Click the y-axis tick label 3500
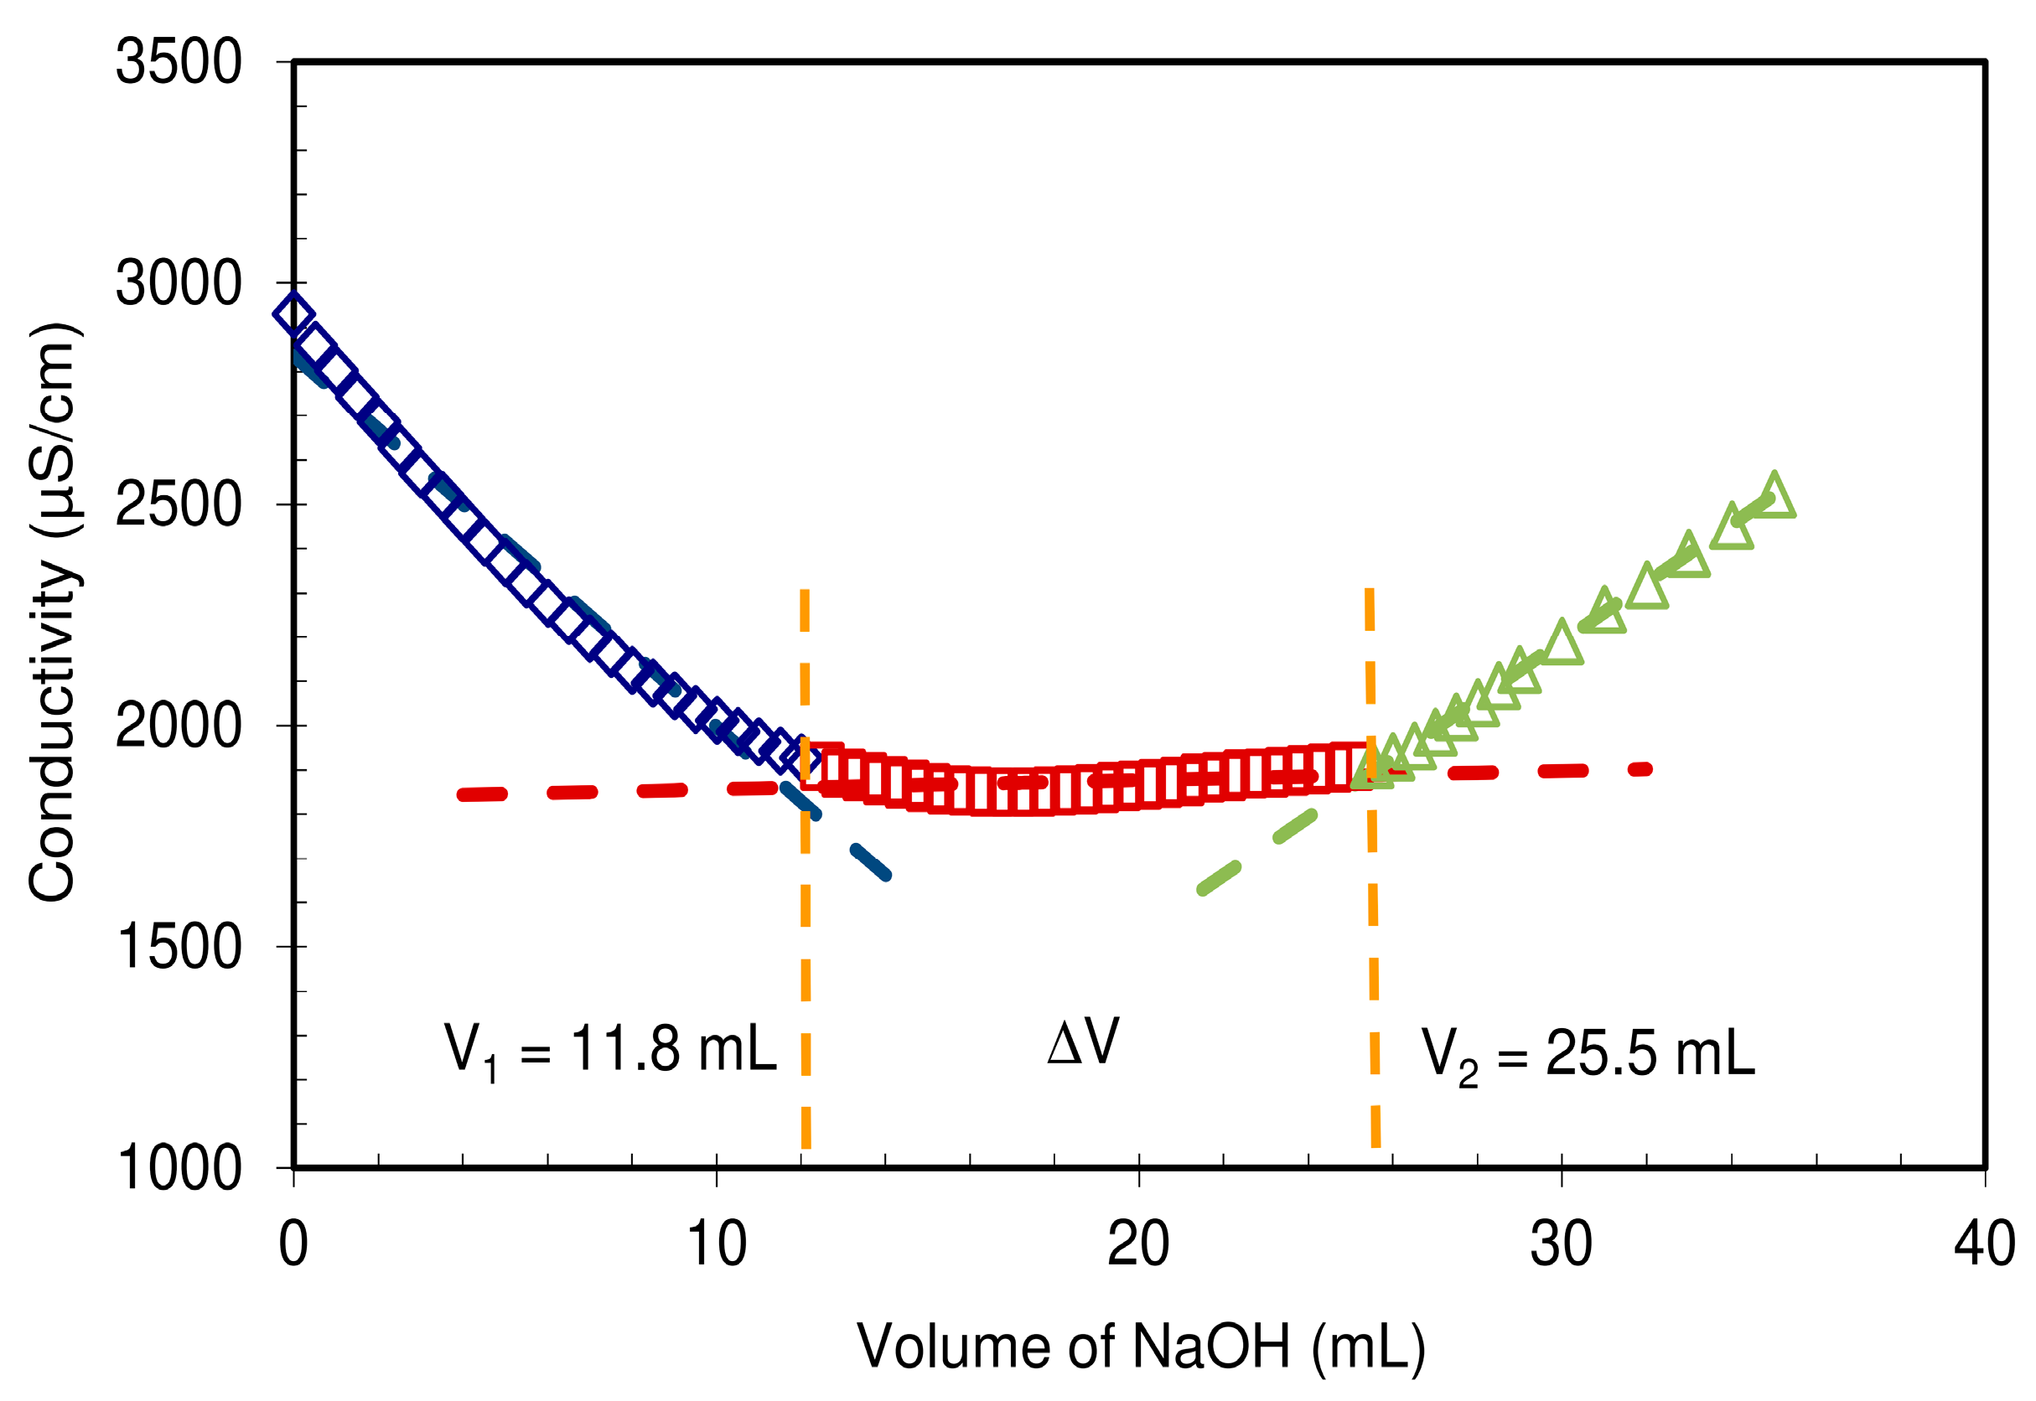pyautogui.click(x=179, y=62)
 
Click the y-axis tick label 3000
pyautogui.click(x=179, y=283)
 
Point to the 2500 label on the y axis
pyautogui.click(x=179, y=504)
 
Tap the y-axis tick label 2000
pyautogui.click(x=179, y=726)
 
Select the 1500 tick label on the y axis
pyautogui.click(x=179, y=947)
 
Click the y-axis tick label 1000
pyautogui.click(x=179, y=1168)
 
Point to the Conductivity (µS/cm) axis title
pyautogui.click(x=54, y=612)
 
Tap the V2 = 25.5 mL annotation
pyautogui.click(x=1588, y=1054)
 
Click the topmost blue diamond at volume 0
pyautogui.click(x=293, y=313)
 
